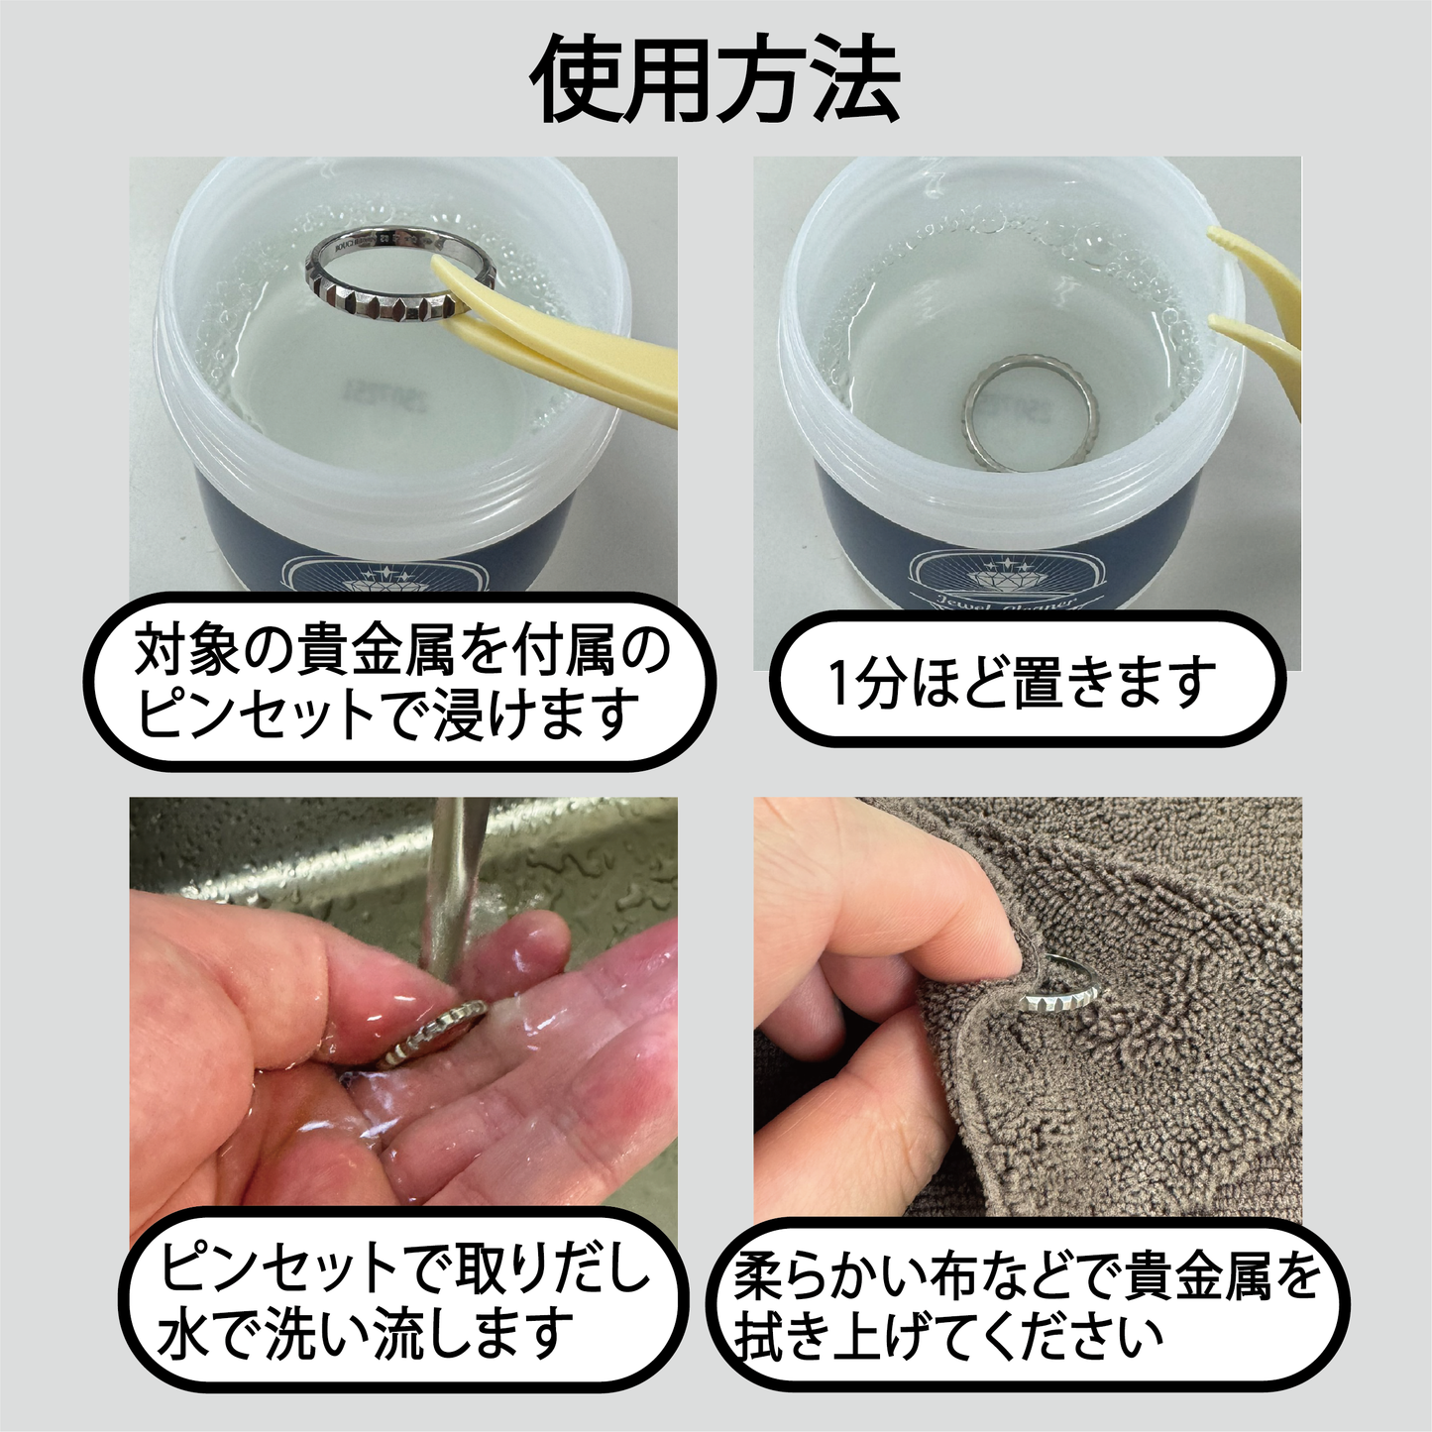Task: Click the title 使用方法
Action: (x=716, y=79)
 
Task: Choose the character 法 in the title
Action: (x=854, y=79)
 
